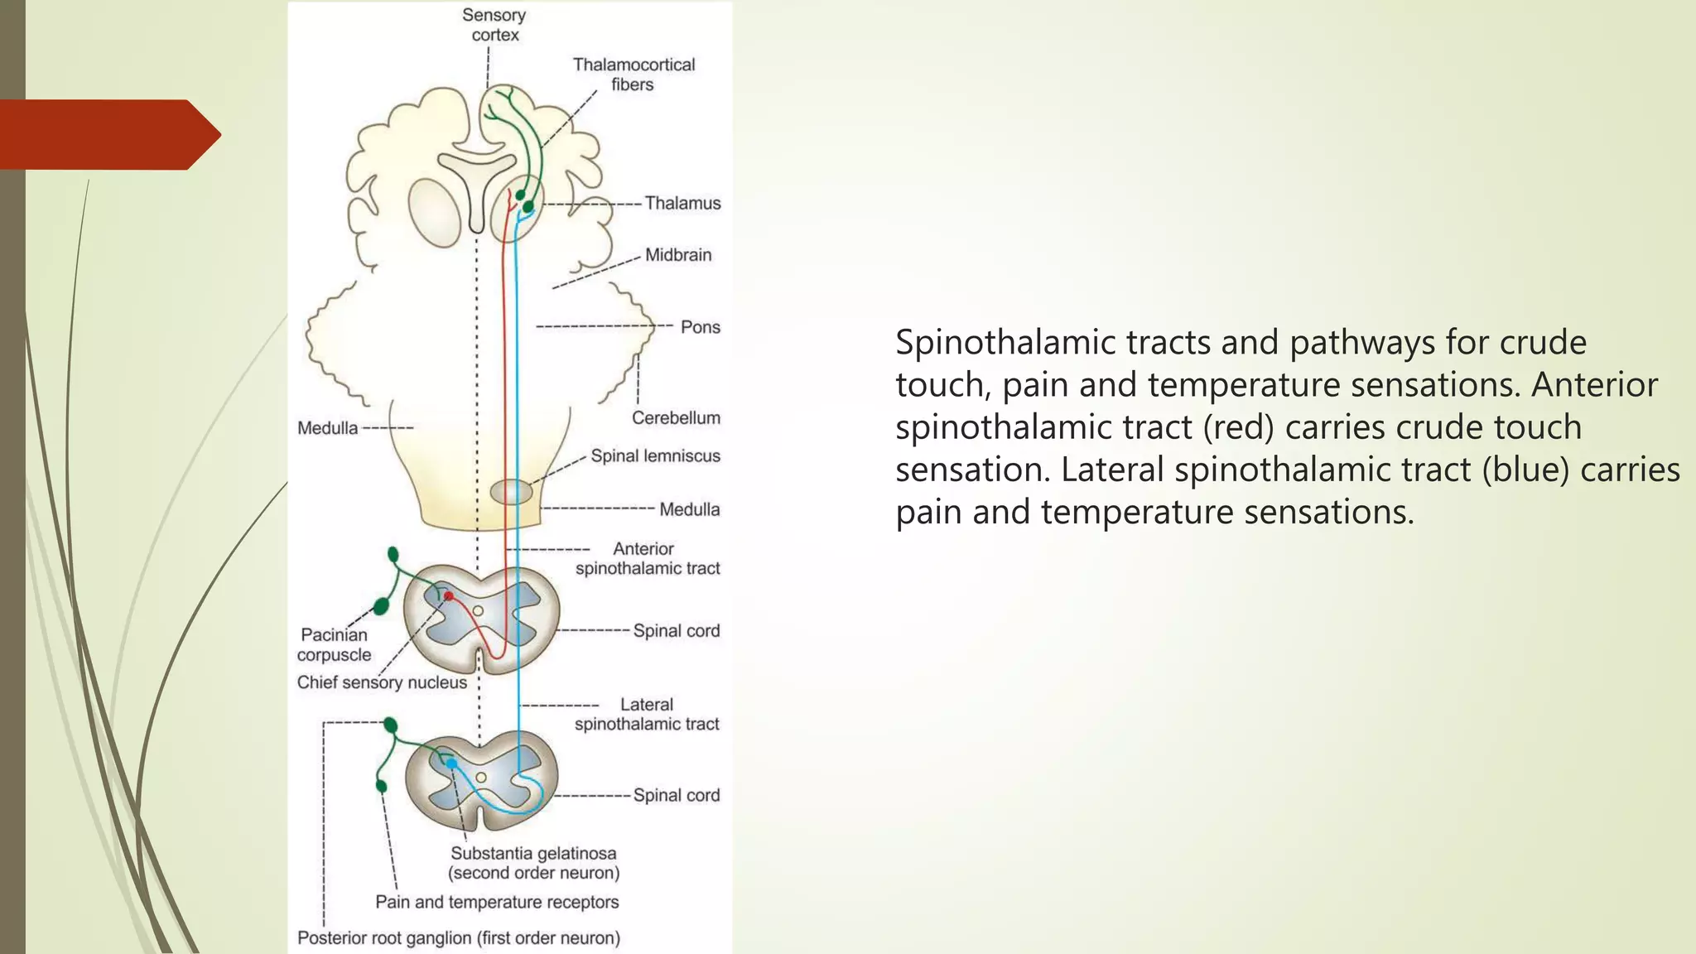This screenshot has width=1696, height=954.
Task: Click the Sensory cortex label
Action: (494, 25)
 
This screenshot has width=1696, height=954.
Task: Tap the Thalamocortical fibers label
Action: (634, 75)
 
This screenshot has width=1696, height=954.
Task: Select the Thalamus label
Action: (682, 203)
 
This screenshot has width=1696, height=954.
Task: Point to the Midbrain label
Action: (677, 255)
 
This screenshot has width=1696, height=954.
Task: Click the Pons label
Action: (700, 327)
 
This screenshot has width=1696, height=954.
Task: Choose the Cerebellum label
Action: (676, 418)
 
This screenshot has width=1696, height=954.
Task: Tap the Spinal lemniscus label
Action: (655, 455)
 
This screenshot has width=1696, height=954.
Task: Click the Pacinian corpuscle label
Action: (334, 644)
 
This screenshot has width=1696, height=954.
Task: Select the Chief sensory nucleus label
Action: (382, 682)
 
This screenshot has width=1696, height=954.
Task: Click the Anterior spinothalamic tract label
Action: (647, 558)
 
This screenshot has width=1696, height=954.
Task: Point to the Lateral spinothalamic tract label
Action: (647, 714)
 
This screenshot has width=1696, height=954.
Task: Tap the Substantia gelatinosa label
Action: (533, 853)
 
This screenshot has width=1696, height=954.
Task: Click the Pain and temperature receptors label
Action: (497, 902)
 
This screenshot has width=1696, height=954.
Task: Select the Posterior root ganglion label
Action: (458, 938)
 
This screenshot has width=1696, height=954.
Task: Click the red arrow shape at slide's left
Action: (108, 134)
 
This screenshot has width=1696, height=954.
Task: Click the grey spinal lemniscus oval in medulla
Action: (511, 492)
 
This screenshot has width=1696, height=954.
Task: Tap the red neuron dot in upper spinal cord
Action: (448, 595)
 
